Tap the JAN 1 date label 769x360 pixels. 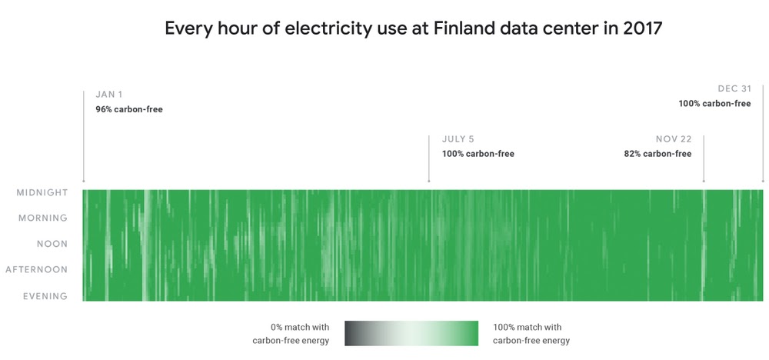tap(109, 95)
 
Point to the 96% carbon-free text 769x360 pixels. tap(129, 109)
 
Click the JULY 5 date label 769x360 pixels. tap(458, 139)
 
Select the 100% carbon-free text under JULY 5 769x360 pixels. tap(478, 154)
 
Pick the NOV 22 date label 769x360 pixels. tap(674, 139)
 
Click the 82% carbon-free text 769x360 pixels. tap(657, 154)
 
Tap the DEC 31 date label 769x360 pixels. tap(734, 88)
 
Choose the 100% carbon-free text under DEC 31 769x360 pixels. tap(714, 103)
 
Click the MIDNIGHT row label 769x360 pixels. tap(42, 192)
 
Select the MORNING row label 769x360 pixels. tap(43, 218)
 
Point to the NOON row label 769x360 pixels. tap(52, 244)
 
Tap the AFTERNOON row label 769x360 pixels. tap(37, 270)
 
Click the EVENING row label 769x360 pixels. tap(45, 296)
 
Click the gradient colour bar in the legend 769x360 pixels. tap(411, 334)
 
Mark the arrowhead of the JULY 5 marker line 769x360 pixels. tap(429, 182)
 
